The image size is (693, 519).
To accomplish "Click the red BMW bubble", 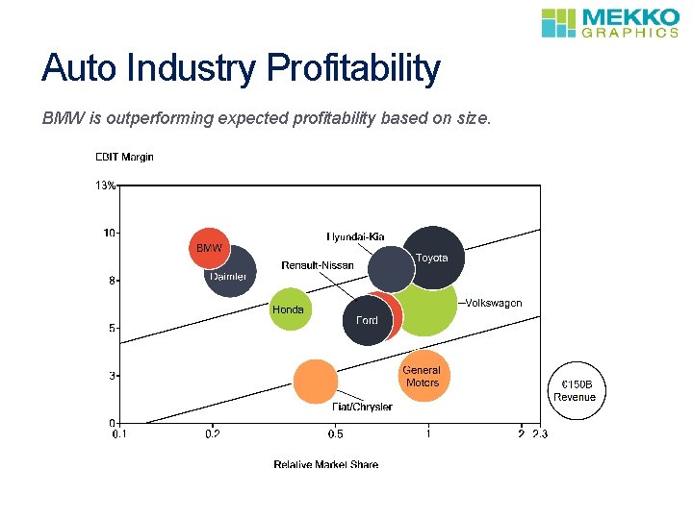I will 209,249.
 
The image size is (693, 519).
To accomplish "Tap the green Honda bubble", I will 289,309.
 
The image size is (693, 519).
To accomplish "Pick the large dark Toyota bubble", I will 434,258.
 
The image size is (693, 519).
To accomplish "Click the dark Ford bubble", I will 368,319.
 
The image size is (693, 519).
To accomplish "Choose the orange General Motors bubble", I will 422,376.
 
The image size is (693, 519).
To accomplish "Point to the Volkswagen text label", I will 494,303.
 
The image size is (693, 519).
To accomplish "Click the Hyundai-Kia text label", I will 357,235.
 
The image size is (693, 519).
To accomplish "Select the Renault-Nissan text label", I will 318,265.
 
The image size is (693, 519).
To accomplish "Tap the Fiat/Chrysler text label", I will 362,407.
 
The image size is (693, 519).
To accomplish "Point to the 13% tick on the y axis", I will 105,185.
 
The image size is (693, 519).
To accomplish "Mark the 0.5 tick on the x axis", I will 335,433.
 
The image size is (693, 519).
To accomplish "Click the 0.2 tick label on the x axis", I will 213,433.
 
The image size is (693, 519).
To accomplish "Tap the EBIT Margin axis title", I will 124,157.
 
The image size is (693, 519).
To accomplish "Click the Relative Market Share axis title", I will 325,464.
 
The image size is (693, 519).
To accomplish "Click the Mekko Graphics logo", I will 609,22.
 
